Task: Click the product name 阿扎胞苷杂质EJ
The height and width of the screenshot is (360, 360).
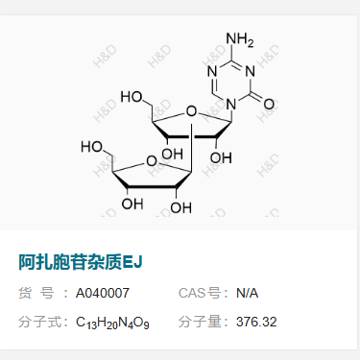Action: click(x=81, y=261)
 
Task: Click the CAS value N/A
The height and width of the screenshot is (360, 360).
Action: click(x=248, y=293)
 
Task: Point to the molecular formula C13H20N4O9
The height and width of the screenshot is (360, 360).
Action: click(x=112, y=322)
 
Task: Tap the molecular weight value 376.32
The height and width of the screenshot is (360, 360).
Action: click(x=256, y=322)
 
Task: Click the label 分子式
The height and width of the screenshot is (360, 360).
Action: click(x=38, y=322)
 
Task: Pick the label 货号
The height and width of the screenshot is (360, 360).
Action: click(x=38, y=293)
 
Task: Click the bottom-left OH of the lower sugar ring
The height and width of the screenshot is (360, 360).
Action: click(x=132, y=204)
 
